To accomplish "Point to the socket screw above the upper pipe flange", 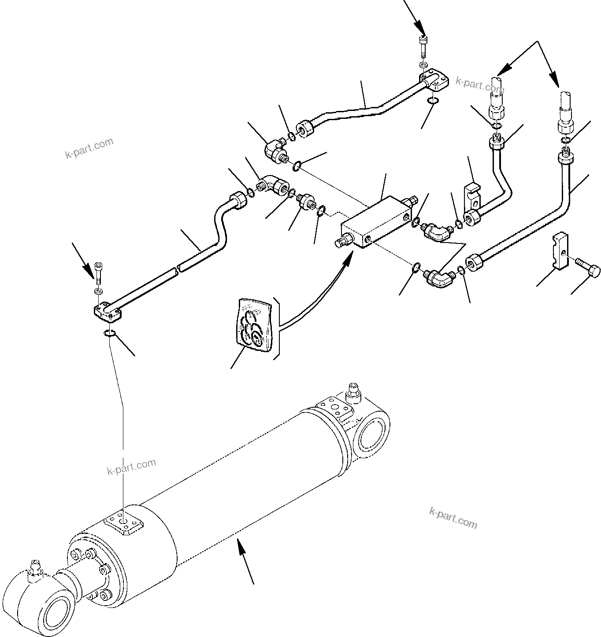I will tap(423, 47).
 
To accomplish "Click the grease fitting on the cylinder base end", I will tap(353, 390).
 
